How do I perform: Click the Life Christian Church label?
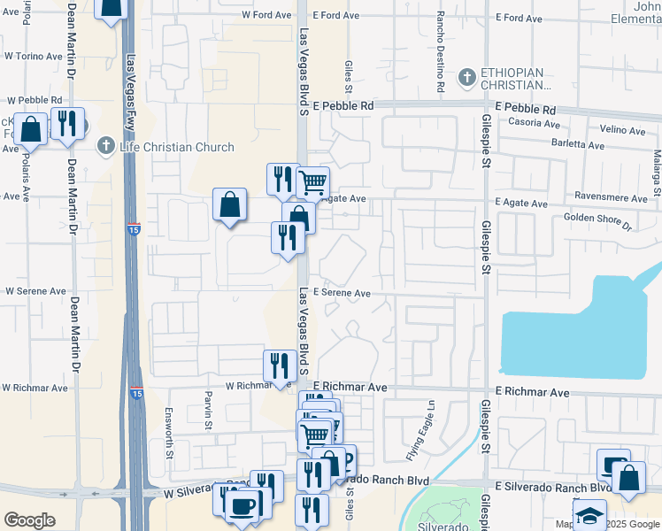pyautogui.click(x=177, y=147)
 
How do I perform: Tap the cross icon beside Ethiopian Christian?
pyautogui.click(x=466, y=79)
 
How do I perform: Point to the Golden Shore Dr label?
pyautogui.click(x=597, y=220)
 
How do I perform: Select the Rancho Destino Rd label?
pyautogui.click(x=439, y=53)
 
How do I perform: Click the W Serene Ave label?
pyautogui.click(x=35, y=290)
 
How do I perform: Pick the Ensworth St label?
pyautogui.click(x=169, y=433)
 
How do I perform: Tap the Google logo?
pyautogui.click(x=29, y=520)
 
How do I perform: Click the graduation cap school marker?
pyautogui.click(x=589, y=513)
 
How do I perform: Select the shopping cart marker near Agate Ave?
pyautogui.click(x=312, y=183)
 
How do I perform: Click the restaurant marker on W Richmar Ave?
pyautogui.click(x=280, y=366)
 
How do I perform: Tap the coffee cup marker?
pyautogui.click(x=242, y=505)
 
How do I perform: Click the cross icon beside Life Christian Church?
pyautogui.click(x=107, y=145)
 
